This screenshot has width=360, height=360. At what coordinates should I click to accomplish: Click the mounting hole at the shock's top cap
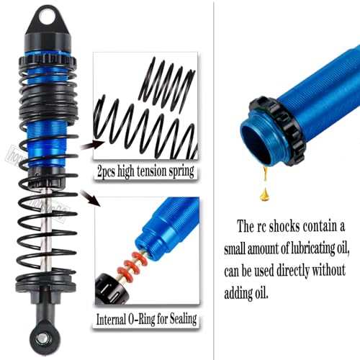[47, 17]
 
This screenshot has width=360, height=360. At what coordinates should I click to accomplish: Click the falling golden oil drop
[264, 194]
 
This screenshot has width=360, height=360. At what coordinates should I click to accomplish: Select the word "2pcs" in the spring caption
[107, 171]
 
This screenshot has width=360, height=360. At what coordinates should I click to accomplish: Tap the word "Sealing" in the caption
[183, 319]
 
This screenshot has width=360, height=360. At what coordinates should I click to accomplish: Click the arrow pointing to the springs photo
[93, 145]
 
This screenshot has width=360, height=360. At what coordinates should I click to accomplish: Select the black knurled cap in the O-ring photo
[112, 289]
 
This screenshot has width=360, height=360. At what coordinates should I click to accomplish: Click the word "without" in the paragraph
[328, 270]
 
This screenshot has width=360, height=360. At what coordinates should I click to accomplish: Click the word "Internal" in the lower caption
[111, 320]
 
